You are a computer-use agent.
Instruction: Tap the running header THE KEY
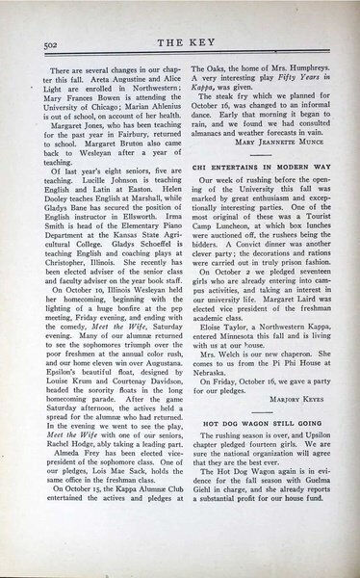(182, 43)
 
